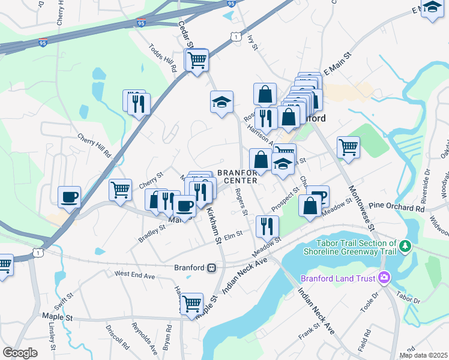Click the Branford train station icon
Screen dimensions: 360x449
(211, 268)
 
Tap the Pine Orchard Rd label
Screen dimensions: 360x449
(396, 208)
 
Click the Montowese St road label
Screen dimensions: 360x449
(358, 208)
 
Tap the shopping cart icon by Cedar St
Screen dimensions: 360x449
(196, 60)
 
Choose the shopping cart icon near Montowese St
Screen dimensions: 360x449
(348, 146)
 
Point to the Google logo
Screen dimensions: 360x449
(20, 353)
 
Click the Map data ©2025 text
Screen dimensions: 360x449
(423, 355)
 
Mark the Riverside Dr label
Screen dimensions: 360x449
(427, 180)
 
